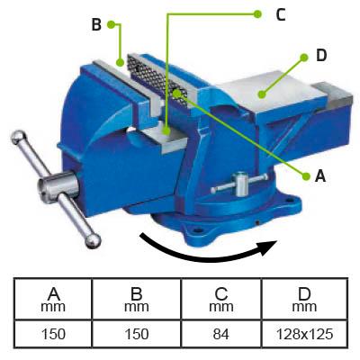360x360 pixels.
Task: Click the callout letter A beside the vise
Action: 320,175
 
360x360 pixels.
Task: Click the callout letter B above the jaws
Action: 96,24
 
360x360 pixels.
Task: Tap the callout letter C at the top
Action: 281,14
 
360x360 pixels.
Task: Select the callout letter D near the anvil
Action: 321,56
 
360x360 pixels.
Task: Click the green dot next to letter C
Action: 257,13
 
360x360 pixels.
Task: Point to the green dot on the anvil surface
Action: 262,94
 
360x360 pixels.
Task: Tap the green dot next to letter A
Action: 306,176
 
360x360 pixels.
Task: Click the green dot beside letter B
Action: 112,24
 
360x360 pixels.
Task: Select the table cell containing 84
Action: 221,334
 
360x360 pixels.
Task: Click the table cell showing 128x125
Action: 304,334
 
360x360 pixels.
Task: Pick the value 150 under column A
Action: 53,334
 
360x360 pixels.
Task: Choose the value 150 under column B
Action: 137,334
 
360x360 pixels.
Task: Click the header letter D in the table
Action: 304,294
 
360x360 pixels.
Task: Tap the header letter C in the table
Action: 221,294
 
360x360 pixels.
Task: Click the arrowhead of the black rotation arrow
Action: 268,247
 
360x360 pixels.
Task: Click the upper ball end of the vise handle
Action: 19,138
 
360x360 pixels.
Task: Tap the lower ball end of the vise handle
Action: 93,241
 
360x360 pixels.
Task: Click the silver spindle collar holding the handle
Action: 58,186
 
